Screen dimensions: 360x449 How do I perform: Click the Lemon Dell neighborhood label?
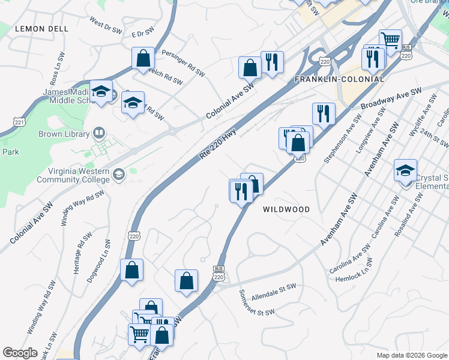(41, 28)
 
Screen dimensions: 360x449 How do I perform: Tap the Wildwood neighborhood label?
(286, 209)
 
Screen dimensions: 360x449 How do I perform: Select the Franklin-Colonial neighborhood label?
(339, 79)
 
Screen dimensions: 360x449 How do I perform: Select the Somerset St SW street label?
(256, 304)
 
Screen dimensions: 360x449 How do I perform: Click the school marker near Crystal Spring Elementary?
(406, 171)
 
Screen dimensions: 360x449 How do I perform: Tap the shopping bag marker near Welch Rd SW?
(143, 58)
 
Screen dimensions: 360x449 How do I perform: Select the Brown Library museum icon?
(98, 133)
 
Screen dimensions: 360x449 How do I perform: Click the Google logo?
(20, 353)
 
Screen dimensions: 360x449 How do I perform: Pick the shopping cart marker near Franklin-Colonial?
(391, 41)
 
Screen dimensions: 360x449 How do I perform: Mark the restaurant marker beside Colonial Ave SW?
(273, 62)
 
